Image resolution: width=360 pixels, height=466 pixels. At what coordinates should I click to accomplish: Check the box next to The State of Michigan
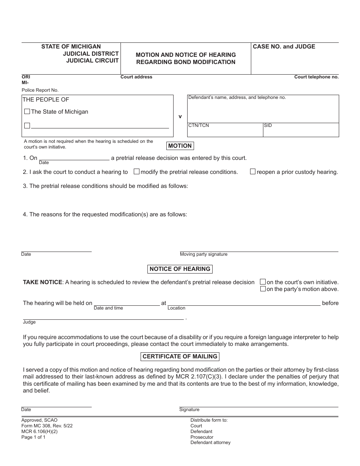[27, 112]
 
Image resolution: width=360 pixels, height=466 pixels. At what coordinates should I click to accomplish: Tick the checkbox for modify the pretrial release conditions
[136, 172]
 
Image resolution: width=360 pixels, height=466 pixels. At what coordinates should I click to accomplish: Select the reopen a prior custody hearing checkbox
[252, 172]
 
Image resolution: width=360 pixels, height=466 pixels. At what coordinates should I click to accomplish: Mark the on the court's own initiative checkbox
[263, 282]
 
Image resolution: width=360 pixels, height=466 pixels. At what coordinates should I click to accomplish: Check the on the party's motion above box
[263, 289]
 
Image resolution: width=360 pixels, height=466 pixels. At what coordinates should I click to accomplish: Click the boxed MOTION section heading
[180, 146]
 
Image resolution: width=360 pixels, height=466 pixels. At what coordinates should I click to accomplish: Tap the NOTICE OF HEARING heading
[180, 269]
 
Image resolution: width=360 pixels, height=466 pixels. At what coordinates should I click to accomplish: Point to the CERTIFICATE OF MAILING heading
[180, 357]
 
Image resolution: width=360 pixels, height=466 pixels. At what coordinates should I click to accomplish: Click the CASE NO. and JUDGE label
[284, 47]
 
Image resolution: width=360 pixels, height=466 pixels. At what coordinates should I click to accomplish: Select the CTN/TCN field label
[199, 125]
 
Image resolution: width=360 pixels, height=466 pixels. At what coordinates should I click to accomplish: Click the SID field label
[268, 125]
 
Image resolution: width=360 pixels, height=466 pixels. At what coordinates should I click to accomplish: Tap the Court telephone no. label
[316, 77]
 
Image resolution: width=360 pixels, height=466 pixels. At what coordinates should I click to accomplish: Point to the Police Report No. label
[40, 90]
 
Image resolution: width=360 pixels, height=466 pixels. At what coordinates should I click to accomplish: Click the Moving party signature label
[203, 254]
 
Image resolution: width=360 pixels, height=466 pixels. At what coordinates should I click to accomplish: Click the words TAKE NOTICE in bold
[42, 282]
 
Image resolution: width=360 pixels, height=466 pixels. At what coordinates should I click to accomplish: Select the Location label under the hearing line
[176, 308]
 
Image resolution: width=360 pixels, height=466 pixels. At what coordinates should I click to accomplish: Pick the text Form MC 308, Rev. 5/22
[47, 425]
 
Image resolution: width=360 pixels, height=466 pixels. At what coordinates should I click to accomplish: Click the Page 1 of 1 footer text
[33, 437]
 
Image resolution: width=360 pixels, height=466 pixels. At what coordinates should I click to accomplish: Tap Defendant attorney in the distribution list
[210, 443]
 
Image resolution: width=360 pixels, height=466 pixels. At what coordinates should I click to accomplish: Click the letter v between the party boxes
[180, 117]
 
